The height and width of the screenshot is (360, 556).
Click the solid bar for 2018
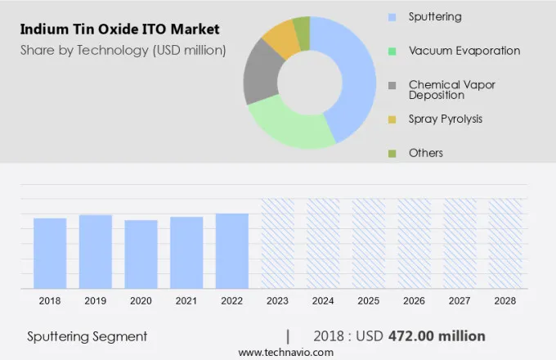pos(50,253)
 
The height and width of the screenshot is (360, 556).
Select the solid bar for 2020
pos(141,254)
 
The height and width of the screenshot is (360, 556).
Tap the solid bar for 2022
pos(232,250)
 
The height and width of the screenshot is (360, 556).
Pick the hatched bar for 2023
pos(277,243)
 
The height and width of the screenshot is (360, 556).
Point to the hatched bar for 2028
pos(505,243)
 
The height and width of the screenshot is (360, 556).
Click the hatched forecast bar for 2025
pos(369,243)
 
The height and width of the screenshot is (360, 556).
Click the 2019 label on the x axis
pos(96,301)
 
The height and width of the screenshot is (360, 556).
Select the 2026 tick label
pos(414,301)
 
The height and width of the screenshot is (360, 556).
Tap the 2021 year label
pos(186,301)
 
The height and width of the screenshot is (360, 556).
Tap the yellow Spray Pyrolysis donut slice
pos(282,37)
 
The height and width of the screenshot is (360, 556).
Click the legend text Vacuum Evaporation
pos(464,51)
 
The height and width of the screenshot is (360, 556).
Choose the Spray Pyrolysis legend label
pos(445,119)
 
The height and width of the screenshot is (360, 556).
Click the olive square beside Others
pos(392,153)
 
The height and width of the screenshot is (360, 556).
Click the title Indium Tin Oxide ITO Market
pos(119,30)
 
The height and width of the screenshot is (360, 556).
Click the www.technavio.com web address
pos(286,352)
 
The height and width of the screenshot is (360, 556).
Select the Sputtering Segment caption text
pos(87,336)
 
